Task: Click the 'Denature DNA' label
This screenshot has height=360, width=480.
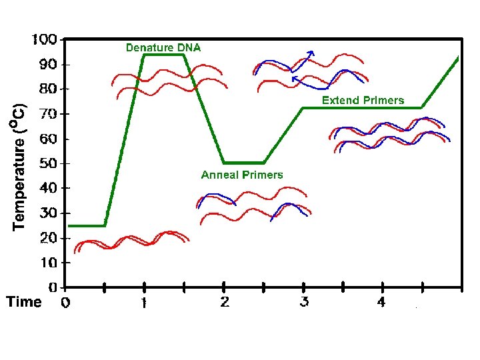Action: (x=163, y=47)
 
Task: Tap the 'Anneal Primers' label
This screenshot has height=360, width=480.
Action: (x=242, y=175)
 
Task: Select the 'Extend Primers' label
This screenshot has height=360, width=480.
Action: (x=363, y=100)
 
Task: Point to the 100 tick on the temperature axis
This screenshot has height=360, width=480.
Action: (x=45, y=39)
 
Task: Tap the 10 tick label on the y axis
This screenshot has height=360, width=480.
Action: (x=48, y=263)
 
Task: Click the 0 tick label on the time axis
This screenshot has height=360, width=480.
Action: (x=65, y=303)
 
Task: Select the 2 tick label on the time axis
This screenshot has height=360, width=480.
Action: (x=224, y=303)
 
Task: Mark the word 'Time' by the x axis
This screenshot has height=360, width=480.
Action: (x=24, y=302)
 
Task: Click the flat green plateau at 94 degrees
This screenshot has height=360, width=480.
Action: (x=163, y=55)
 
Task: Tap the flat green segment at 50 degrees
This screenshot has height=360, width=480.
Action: (x=243, y=163)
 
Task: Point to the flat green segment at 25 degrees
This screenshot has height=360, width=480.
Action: (x=87, y=225)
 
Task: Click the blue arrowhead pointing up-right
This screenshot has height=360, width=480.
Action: (x=311, y=53)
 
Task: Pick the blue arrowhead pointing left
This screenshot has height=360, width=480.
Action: (x=295, y=79)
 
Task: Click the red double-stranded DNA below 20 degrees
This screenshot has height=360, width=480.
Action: (x=133, y=241)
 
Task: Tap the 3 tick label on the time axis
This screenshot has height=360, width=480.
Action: (x=304, y=303)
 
